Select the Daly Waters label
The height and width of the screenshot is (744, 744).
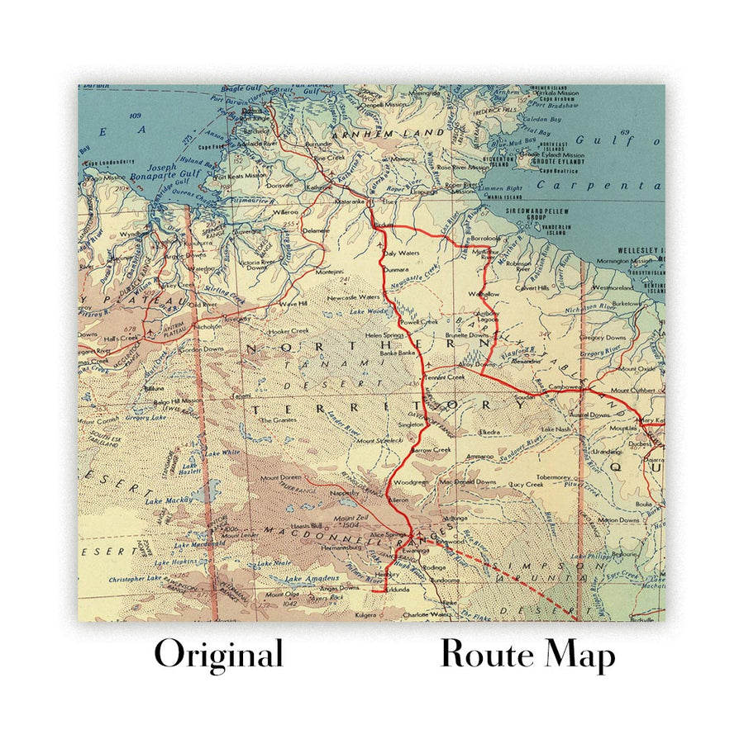pyautogui.click(x=402, y=253)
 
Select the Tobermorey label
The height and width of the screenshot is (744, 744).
pyautogui.click(x=553, y=477)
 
